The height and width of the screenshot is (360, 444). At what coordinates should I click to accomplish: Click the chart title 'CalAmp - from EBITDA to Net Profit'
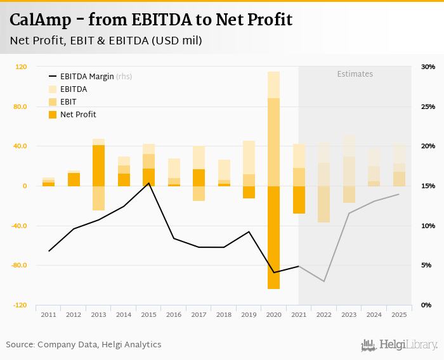click(151, 20)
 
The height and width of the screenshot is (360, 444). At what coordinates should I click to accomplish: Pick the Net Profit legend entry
click(77, 115)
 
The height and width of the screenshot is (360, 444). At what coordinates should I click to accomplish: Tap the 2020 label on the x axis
click(274, 314)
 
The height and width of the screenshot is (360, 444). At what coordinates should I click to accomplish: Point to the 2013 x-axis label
click(98, 314)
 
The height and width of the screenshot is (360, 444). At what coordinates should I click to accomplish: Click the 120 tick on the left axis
click(21, 67)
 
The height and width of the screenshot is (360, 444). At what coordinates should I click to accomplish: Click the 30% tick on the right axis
click(428, 67)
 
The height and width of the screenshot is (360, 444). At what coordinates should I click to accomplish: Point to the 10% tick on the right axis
click(428, 226)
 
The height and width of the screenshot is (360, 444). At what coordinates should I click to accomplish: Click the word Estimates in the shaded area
click(355, 74)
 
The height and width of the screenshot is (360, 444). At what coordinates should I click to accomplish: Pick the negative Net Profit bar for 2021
click(299, 200)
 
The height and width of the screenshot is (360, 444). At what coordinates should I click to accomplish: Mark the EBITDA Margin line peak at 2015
click(148, 183)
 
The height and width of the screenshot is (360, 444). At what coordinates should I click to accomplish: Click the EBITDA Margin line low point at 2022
click(324, 281)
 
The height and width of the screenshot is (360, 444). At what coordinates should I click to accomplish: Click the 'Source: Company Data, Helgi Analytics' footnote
click(84, 345)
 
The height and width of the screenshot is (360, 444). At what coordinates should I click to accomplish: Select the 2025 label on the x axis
click(399, 314)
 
